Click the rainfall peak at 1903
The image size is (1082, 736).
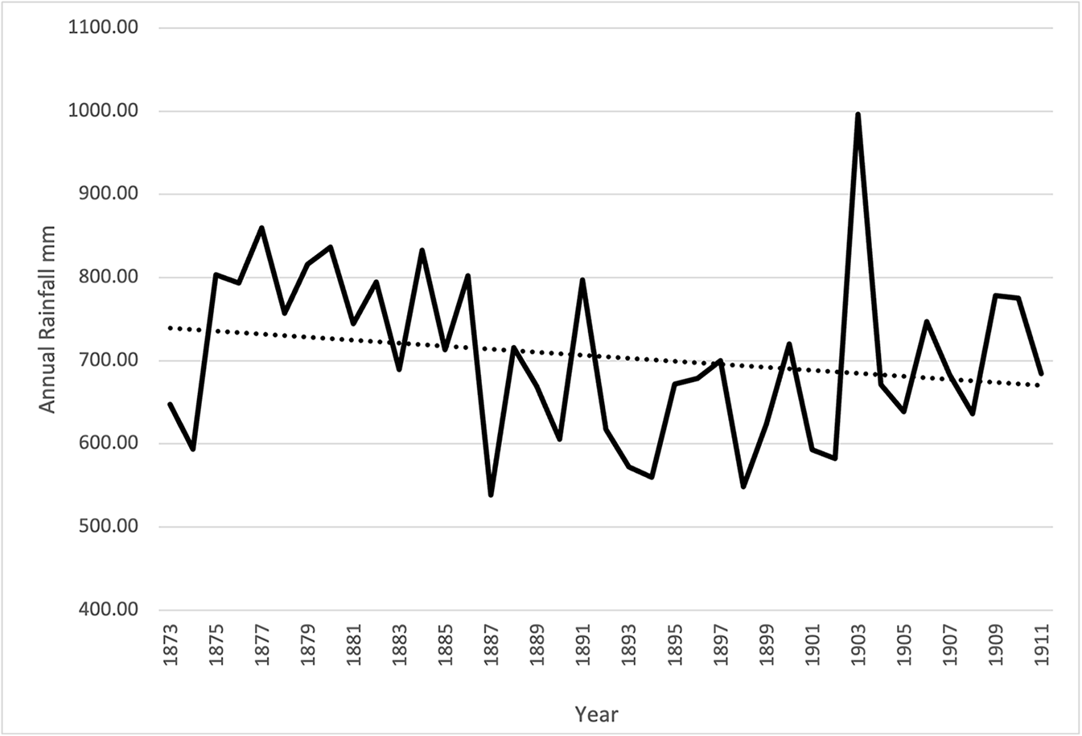858,115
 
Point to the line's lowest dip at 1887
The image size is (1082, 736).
491,494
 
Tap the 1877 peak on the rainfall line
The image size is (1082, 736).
261,228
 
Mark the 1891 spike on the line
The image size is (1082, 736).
582,281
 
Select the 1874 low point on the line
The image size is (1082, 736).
193,448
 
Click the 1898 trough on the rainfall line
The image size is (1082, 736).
743,486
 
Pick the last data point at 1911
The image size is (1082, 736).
1041,374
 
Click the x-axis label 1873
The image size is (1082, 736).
171,644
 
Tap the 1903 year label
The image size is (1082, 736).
858,644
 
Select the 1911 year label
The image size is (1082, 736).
1042,644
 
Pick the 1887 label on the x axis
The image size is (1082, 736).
492,644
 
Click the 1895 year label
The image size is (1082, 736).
675,644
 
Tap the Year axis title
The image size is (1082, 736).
596,713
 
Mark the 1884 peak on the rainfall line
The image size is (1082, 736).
422,251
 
